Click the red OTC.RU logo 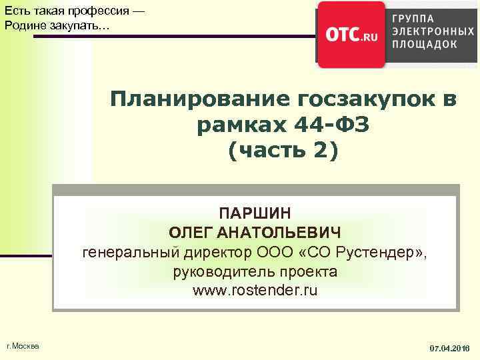click(x=351, y=35)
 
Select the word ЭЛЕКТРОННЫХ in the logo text click(x=434, y=31)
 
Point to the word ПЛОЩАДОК click(x=425, y=44)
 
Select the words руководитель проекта click(x=255, y=272)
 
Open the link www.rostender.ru click(x=255, y=291)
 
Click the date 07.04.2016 click(x=449, y=348)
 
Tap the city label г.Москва click(x=22, y=345)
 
